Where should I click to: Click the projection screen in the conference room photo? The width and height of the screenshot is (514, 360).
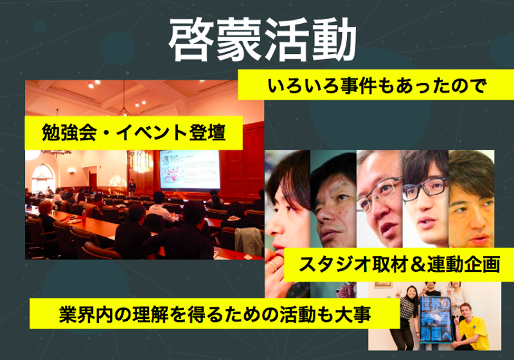coord(189,170)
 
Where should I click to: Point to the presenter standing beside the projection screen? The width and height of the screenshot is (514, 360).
coord(132,187)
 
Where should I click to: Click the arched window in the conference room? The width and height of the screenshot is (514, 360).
coord(42,177)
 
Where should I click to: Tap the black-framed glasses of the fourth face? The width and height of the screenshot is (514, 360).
coord(426,187)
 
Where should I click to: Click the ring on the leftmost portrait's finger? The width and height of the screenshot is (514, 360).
coord(273,264)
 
